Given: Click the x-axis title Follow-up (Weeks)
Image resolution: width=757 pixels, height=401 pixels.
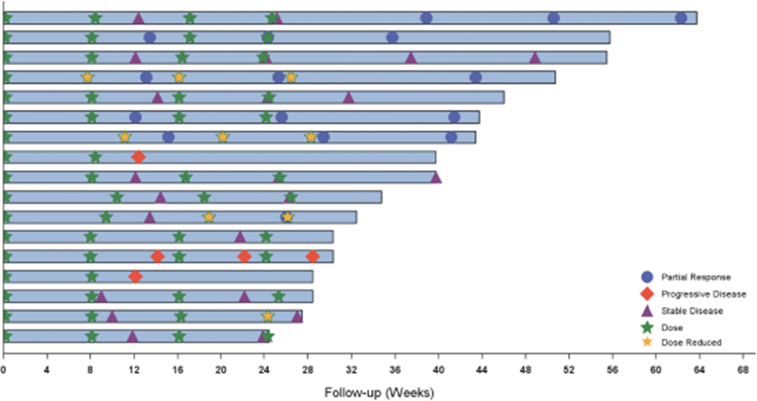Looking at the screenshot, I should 379,393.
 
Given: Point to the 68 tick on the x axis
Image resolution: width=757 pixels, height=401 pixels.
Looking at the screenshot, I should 742,369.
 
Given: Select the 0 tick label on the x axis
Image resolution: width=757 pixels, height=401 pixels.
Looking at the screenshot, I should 4,369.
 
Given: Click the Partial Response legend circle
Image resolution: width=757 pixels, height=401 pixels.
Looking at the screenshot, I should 647,276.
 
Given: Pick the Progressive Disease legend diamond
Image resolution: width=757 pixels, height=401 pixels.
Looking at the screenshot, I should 647,293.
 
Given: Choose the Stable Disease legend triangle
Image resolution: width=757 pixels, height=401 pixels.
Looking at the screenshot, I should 647,310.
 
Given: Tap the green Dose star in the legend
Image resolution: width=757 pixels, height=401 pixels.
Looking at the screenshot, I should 647,327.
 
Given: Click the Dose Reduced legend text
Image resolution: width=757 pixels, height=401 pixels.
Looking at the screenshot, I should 691,343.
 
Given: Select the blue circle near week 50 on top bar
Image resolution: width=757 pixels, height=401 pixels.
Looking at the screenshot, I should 553,18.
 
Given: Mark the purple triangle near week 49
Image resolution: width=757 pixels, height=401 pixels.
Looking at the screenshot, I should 535,57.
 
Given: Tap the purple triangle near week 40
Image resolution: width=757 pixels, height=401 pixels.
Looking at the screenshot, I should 435,177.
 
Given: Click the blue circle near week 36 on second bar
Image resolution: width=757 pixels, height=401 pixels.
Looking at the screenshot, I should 392,37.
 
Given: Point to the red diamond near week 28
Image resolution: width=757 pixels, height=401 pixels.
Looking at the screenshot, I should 312,256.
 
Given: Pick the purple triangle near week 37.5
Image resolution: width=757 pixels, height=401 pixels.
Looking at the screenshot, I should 411,57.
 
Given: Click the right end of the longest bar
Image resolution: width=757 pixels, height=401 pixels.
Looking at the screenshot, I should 696,18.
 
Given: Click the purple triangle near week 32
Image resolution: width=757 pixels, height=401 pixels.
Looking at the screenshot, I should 349,97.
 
